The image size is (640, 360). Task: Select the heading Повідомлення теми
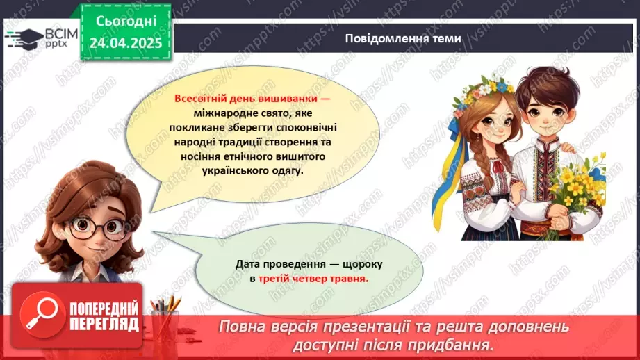tap(402, 38)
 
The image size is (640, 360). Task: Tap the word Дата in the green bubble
tap(248, 264)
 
